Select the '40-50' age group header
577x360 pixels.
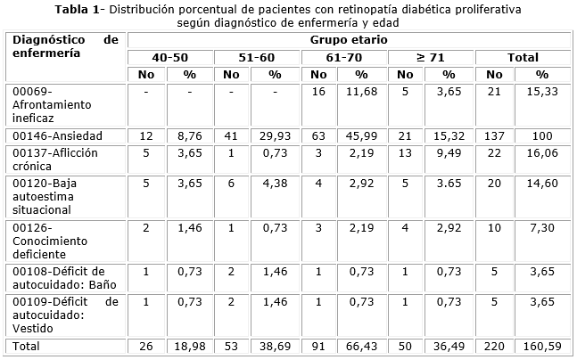170,58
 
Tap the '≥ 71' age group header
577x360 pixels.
432,58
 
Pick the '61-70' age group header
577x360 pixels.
344,58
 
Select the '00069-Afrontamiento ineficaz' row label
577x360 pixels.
49,104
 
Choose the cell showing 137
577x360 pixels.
498,136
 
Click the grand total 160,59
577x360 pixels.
542,345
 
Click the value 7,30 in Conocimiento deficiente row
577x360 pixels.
542,229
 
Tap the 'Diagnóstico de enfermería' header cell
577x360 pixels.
65,46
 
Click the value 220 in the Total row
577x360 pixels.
498,345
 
